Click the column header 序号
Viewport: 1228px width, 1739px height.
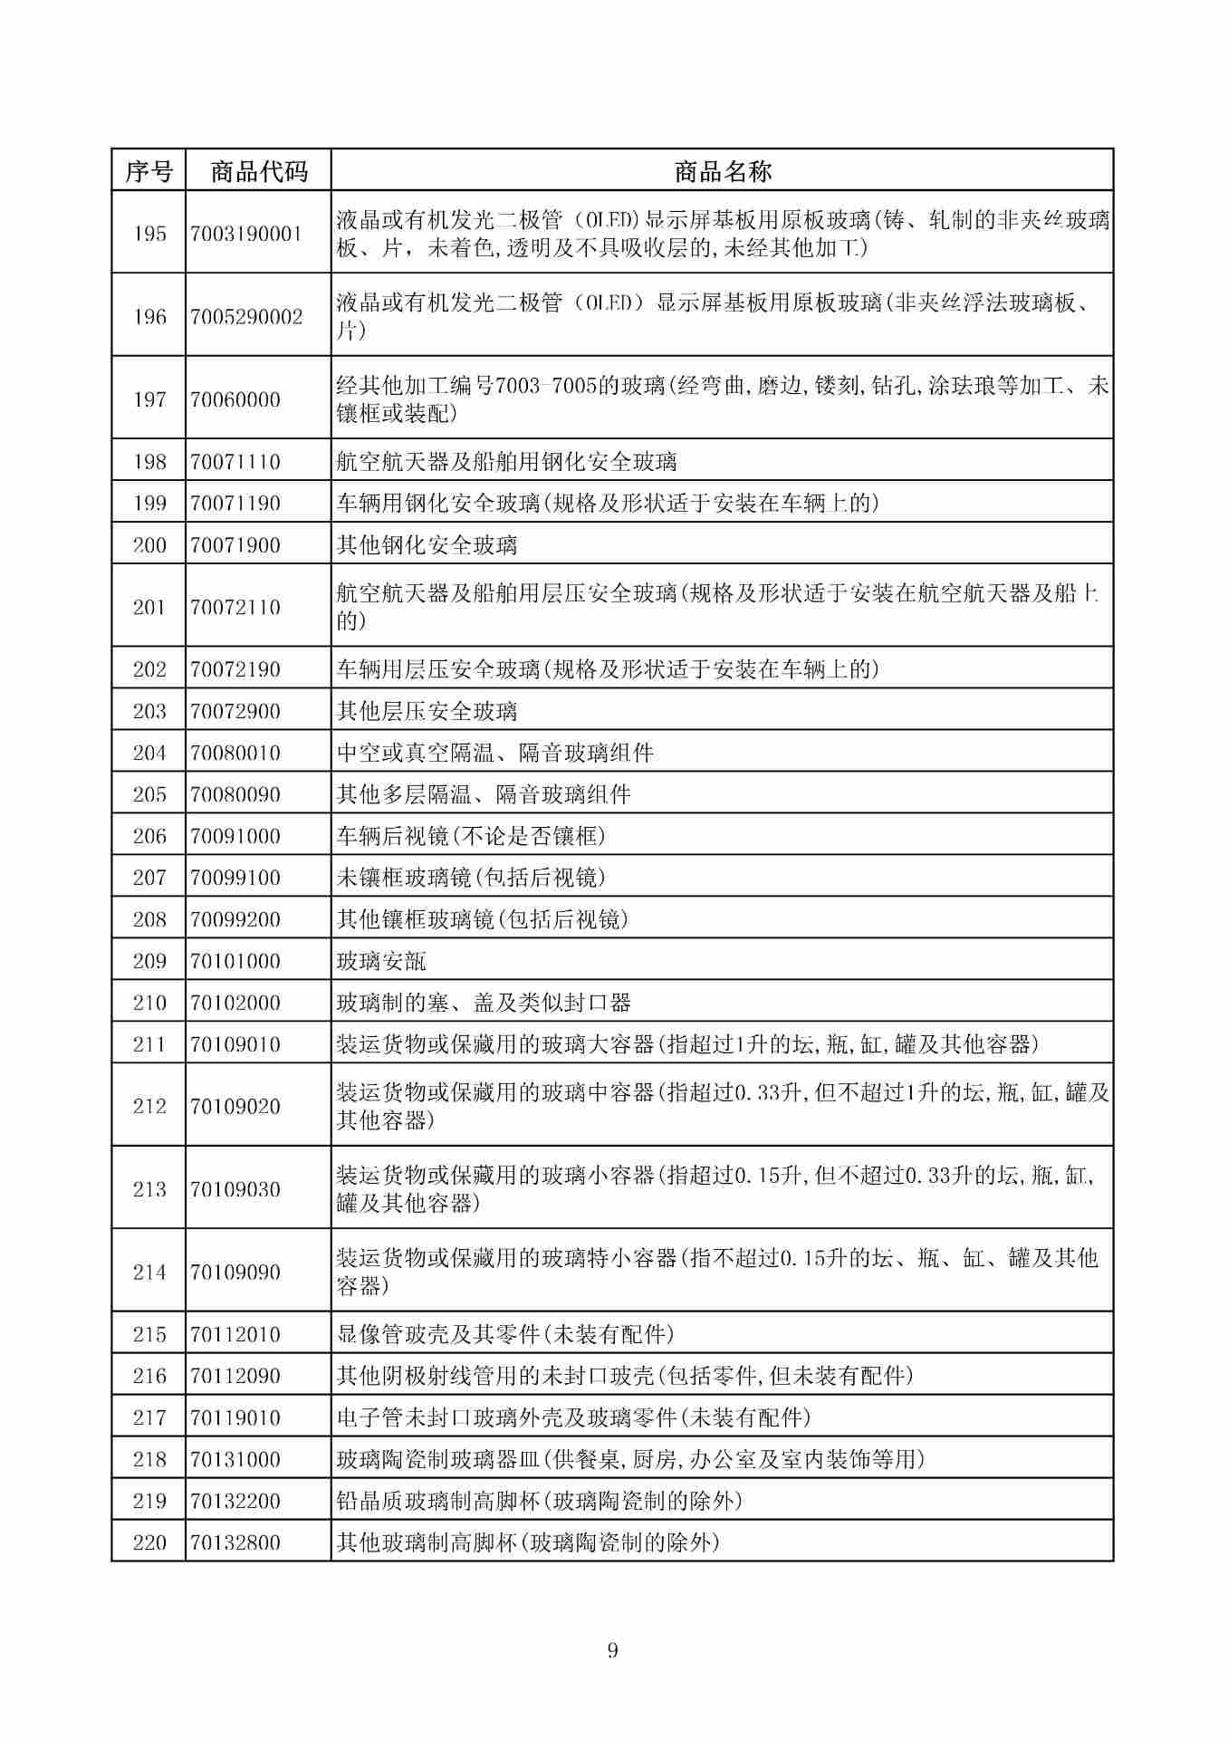(x=149, y=171)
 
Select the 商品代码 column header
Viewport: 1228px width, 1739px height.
(x=259, y=171)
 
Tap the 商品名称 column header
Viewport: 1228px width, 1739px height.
(x=722, y=171)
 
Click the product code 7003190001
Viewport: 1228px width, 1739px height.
(x=246, y=234)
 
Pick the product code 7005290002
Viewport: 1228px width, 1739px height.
(x=246, y=317)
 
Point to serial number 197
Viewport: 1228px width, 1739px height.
(x=149, y=399)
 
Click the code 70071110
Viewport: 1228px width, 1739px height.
(x=235, y=462)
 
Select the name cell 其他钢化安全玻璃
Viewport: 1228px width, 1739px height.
(x=427, y=545)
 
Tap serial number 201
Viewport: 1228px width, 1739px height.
(x=149, y=607)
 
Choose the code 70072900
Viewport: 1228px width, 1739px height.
(x=235, y=711)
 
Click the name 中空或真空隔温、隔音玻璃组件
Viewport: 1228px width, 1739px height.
(x=494, y=753)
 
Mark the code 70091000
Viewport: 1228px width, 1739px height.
(x=235, y=836)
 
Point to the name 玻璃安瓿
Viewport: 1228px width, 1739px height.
(x=381, y=961)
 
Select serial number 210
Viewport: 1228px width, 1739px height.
(x=149, y=1003)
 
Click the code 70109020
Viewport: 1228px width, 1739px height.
(x=235, y=1106)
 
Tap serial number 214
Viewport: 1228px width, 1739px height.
(x=149, y=1272)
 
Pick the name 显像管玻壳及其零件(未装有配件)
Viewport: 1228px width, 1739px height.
(x=505, y=1334)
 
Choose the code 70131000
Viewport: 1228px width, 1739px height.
(x=235, y=1459)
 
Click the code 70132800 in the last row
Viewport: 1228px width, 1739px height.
(x=235, y=1542)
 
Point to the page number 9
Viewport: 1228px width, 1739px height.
(x=613, y=1649)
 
